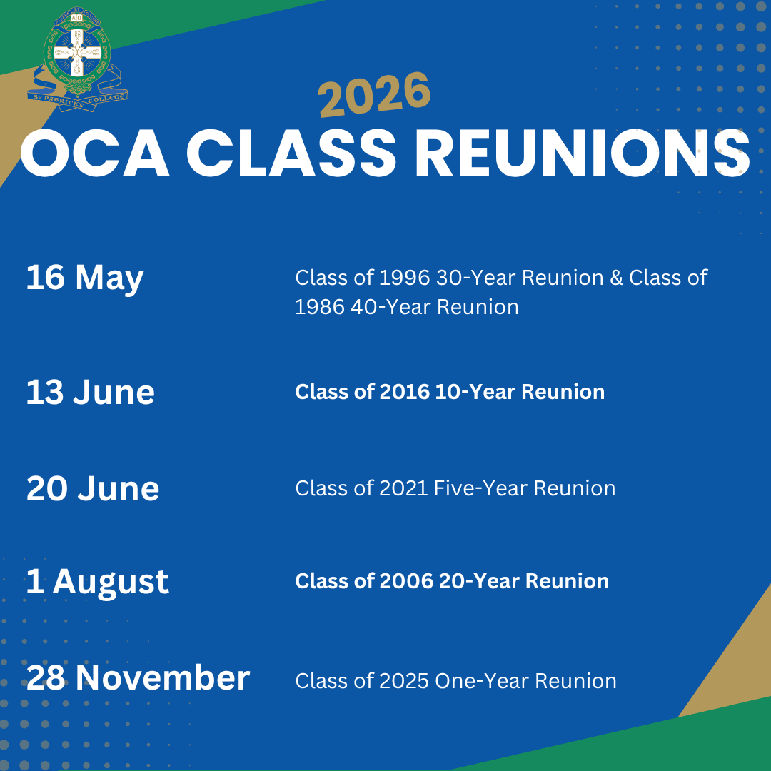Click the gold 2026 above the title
coord(374,95)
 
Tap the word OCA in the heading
coord(95,153)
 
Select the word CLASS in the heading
coord(291,153)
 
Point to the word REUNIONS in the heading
coord(583,153)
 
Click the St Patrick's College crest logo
coord(77,59)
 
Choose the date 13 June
coord(91,393)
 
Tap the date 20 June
coord(93,488)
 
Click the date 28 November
coord(138,677)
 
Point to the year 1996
coord(405,278)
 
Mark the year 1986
coord(320,307)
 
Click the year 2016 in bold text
coord(405,392)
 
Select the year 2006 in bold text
coord(406,581)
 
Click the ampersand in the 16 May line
coord(616,278)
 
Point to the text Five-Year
coord(480,488)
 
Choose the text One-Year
coord(482,681)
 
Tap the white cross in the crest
coord(76,51)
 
